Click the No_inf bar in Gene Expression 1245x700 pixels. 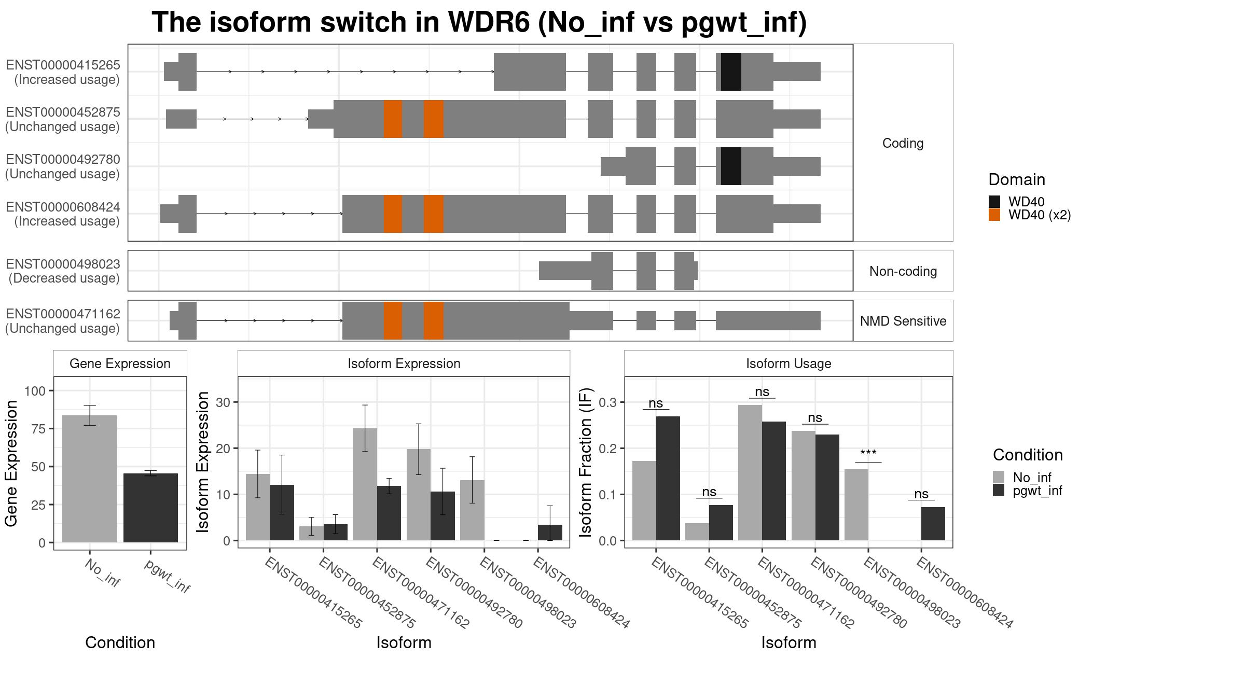point(90,479)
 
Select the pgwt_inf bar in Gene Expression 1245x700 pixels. point(150,508)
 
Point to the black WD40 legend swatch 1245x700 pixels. point(994,202)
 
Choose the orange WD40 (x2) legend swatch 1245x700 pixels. point(994,215)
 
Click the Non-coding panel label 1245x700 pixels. point(903,271)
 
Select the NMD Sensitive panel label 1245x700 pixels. point(903,321)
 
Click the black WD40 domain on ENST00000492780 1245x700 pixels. point(731,166)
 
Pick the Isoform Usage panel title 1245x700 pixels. point(789,363)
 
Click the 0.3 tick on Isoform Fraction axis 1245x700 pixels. point(608,402)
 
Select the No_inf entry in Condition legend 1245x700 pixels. point(1032,478)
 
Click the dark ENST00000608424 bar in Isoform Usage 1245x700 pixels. point(933,524)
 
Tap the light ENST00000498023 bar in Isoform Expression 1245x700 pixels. point(472,510)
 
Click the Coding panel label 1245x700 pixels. point(903,143)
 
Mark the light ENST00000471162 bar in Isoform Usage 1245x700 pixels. point(750,472)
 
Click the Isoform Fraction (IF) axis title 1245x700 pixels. point(586,462)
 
